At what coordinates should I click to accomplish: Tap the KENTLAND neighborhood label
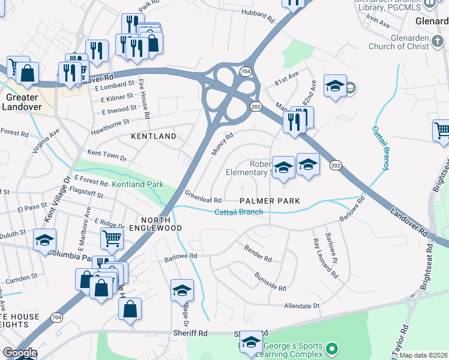pyautogui.click(x=154, y=136)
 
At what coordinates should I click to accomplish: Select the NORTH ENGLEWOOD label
pyautogui.click(x=161, y=224)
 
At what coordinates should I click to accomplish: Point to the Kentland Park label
pyautogui.click(x=137, y=185)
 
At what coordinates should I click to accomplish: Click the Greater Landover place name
pyautogui.click(x=21, y=102)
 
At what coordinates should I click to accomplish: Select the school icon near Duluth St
pyautogui.click(x=45, y=240)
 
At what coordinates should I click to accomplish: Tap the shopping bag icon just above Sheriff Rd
pyautogui.click(x=130, y=309)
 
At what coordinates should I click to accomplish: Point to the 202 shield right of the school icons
pyautogui.click(x=336, y=165)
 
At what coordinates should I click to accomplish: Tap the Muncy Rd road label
pyautogui.click(x=222, y=144)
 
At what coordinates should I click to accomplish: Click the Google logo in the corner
pyautogui.click(x=20, y=353)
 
